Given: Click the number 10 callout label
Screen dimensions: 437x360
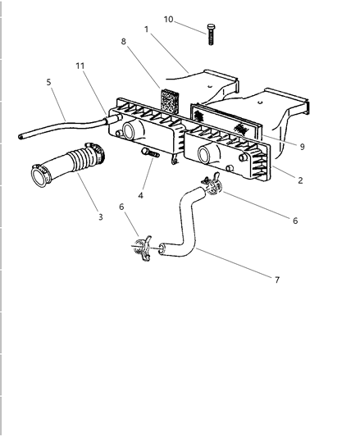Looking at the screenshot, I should [x=168, y=19].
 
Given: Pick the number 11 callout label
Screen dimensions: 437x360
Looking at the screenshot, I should [x=80, y=65].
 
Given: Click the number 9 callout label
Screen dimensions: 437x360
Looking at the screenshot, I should [x=303, y=147].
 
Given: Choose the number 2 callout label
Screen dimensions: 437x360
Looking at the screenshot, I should [x=299, y=180].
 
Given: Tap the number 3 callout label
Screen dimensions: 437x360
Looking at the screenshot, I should [x=100, y=216].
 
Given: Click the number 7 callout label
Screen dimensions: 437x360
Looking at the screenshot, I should [x=276, y=280].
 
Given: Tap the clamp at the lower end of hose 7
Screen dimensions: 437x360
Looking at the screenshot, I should [x=141, y=247].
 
